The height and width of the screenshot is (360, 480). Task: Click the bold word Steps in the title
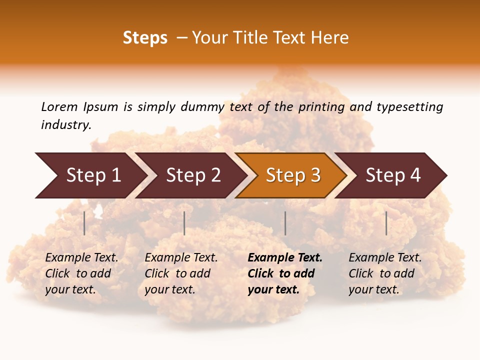pos(145,38)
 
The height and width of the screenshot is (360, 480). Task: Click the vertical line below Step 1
pos(84,223)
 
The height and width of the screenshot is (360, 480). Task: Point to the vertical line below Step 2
pos(184,223)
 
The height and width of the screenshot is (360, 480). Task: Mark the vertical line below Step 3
pos(285,223)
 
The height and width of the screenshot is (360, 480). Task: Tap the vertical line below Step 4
pos(386,223)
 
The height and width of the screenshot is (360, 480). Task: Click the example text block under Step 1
pos(81,273)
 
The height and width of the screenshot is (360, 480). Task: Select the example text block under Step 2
pos(180,273)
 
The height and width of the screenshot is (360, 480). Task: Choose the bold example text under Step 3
pos(284,273)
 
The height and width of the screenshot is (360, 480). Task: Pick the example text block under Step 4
pos(384,273)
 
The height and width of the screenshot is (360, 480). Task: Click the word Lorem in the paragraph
pos(59,107)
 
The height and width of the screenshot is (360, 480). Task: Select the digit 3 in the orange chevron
pos(315,175)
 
